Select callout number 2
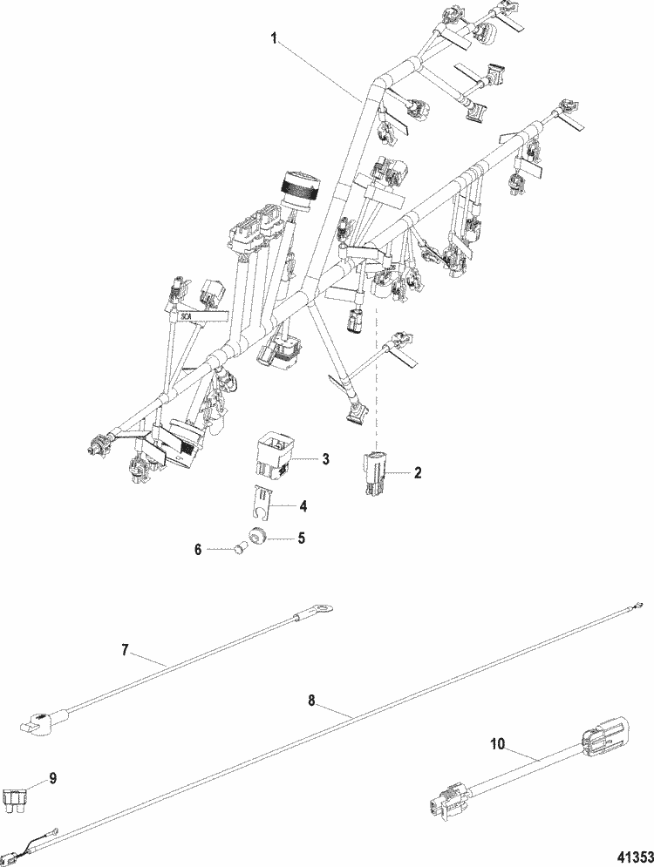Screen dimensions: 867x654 click(x=418, y=472)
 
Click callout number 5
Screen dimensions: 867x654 click(x=301, y=538)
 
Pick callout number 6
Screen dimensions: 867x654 click(x=198, y=549)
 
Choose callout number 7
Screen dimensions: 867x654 click(x=125, y=648)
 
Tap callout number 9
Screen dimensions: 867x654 click(x=52, y=778)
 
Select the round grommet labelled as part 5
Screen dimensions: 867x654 click(x=256, y=535)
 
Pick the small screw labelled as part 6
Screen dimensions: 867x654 click(x=236, y=549)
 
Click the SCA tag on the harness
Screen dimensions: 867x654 click(x=185, y=317)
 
